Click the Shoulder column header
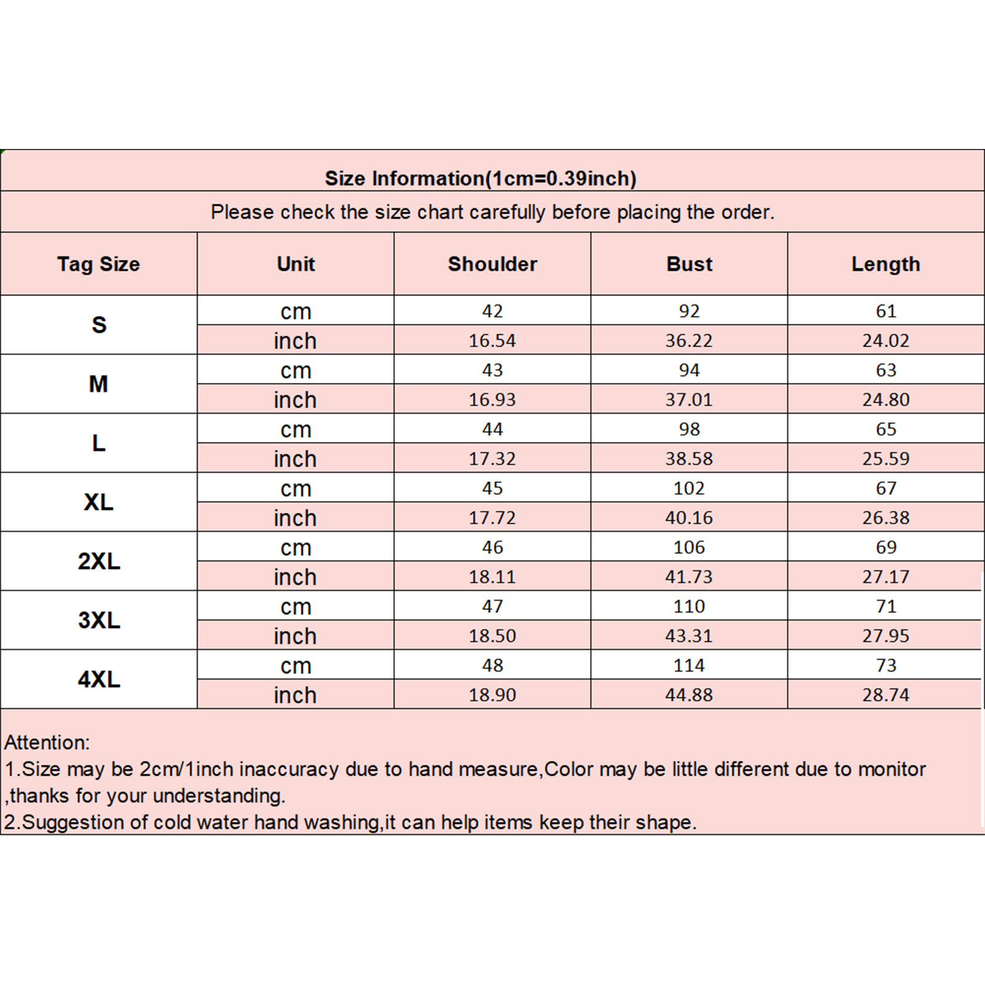point(492,264)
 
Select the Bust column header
point(689,264)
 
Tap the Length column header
point(885,264)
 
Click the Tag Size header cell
point(98,264)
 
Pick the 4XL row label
point(98,679)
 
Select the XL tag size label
point(98,502)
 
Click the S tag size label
point(98,324)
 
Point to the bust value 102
point(689,488)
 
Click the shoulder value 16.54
point(492,340)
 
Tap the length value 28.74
point(885,695)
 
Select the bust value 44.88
point(689,695)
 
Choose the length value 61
point(885,311)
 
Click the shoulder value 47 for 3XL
point(492,606)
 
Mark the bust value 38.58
point(689,459)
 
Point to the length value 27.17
point(885,577)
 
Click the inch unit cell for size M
point(295,400)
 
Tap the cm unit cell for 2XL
point(295,547)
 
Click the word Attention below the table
point(46,742)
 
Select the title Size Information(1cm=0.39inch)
point(480,179)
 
